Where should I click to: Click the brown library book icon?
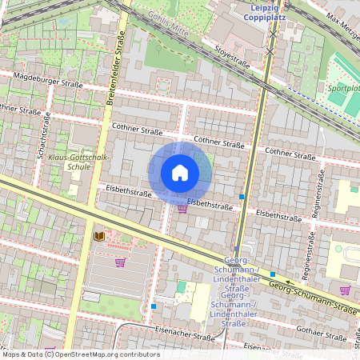pos(98,236)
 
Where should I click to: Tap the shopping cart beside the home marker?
pos(182,209)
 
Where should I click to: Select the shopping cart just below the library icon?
pos(120,262)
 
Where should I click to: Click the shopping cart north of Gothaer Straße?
pos(345,290)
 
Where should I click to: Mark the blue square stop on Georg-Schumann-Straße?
pos(272,274)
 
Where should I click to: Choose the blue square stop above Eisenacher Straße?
pos(154,306)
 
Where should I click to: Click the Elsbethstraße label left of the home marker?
pos(128,193)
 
